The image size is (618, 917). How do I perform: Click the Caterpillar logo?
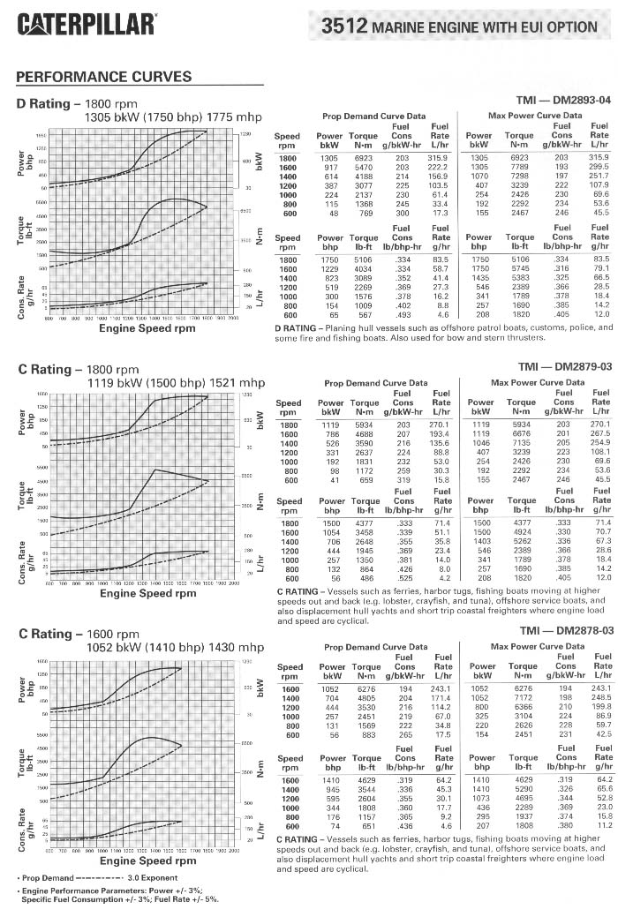(87, 23)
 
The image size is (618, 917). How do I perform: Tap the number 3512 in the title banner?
(344, 26)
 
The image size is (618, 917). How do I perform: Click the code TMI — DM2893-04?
(563, 101)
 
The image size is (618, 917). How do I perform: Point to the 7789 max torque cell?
(518, 167)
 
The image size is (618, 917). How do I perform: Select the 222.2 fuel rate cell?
(439, 167)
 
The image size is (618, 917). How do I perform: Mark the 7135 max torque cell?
(518, 444)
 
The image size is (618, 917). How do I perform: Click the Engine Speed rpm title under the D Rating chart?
(147, 328)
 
